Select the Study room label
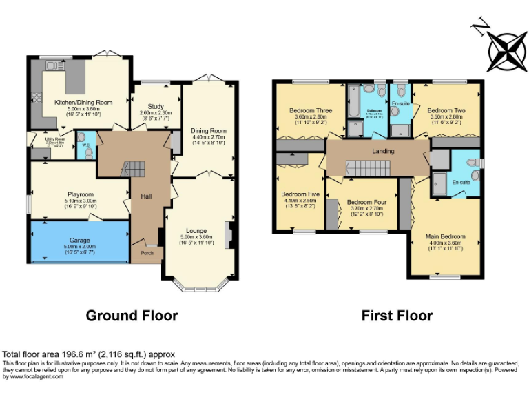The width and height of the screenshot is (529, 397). click(x=156, y=107)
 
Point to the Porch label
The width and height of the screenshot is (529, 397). click(x=147, y=253)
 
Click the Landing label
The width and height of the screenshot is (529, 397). click(x=383, y=151)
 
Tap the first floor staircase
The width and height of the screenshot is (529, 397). click(x=366, y=166)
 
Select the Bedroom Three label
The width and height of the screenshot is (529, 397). click(x=310, y=110)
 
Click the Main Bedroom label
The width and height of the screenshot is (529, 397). click(x=443, y=234)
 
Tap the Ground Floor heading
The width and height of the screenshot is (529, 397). click(x=132, y=316)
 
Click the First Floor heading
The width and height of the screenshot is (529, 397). click(x=397, y=316)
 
